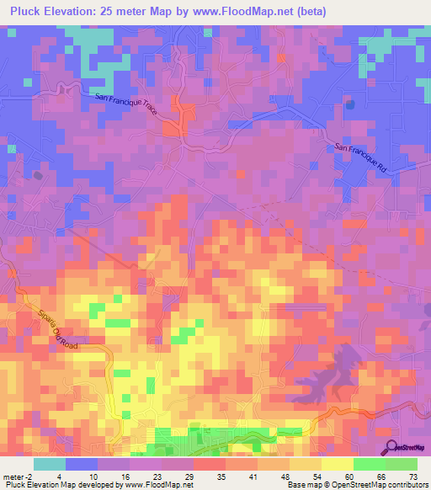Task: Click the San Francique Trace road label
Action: [x=125, y=106]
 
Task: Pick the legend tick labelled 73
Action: [x=413, y=476]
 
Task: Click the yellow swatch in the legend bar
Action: [x=338, y=464]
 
